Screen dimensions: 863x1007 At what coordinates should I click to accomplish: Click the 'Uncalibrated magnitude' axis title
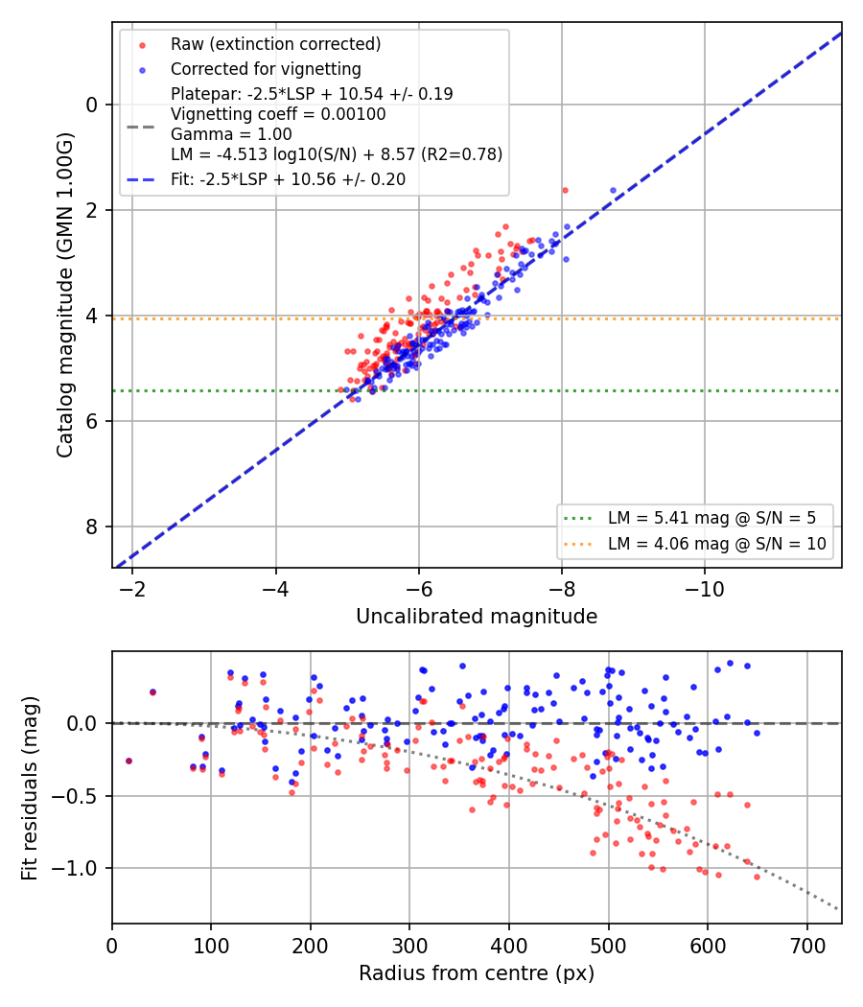(x=477, y=617)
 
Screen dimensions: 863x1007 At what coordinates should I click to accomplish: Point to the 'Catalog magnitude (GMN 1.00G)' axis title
(x=64, y=295)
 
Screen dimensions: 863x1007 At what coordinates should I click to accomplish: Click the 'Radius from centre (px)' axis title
(x=477, y=973)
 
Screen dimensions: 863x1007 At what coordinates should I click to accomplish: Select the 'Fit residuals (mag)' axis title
(x=29, y=788)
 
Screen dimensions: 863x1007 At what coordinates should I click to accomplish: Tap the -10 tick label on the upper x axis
(x=705, y=589)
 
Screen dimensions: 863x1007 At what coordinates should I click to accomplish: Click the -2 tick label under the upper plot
(x=132, y=589)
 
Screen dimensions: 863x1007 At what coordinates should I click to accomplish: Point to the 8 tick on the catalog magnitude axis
(x=92, y=527)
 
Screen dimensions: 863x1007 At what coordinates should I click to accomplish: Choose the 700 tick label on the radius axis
(x=807, y=946)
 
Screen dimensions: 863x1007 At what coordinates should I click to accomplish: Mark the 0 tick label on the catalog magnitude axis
(x=92, y=105)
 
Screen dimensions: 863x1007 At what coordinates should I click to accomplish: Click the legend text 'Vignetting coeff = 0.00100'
(x=278, y=114)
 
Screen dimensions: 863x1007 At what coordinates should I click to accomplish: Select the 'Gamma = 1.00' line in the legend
(x=231, y=134)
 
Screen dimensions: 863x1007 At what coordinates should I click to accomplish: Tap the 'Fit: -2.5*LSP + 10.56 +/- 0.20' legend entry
(x=288, y=179)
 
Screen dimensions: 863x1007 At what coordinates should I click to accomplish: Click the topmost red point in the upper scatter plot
(x=565, y=190)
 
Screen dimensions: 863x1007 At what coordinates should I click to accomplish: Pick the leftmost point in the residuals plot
(x=129, y=761)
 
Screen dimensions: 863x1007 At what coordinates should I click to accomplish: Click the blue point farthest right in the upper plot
(x=613, y=190)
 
